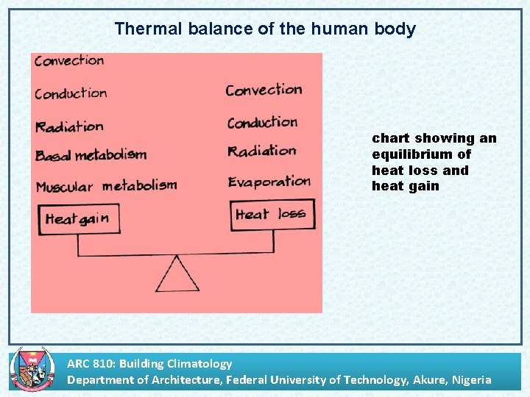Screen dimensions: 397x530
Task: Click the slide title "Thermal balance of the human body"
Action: (265, 29)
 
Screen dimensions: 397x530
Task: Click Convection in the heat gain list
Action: (69, 61)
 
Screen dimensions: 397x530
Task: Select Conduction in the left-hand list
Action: (71, 93)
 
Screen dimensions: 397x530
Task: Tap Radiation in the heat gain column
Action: (69, 126)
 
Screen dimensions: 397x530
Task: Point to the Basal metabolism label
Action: (91, 155)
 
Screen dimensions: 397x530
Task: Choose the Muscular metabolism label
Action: (106, 185)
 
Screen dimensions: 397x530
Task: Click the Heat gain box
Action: (78, 219)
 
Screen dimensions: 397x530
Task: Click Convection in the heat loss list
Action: (264, 90)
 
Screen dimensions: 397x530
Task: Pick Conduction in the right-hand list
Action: (262, 123)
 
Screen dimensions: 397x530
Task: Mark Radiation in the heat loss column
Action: (261, 151)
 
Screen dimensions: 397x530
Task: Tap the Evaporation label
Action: (269, 182)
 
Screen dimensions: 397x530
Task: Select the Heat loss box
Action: (272, 215)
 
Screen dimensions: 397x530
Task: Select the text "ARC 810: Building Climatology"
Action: (149, 363)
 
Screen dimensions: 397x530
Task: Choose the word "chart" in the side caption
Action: (391, 138)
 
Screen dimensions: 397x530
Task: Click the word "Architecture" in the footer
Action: (187, 379)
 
